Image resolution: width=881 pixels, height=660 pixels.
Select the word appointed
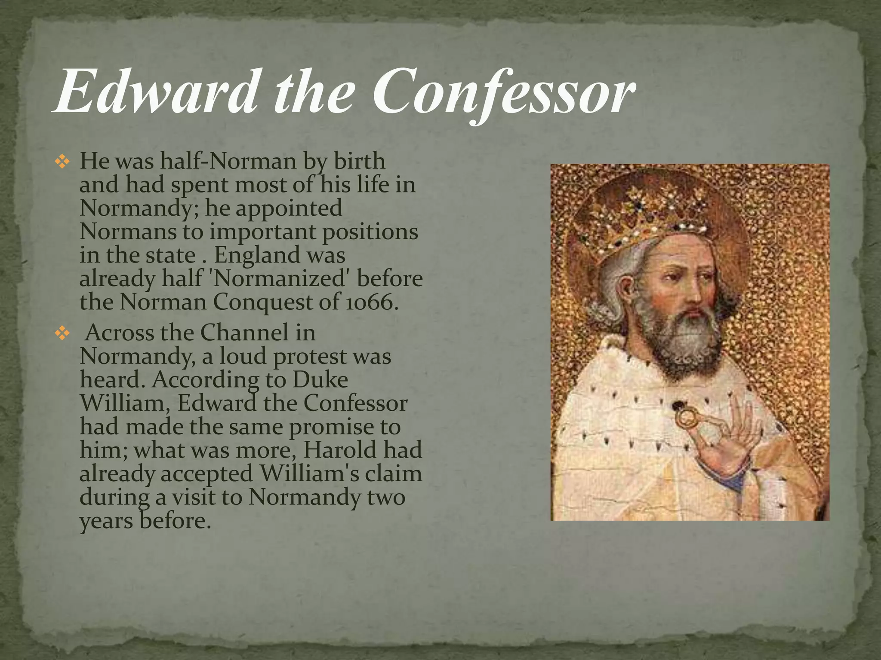289,208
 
